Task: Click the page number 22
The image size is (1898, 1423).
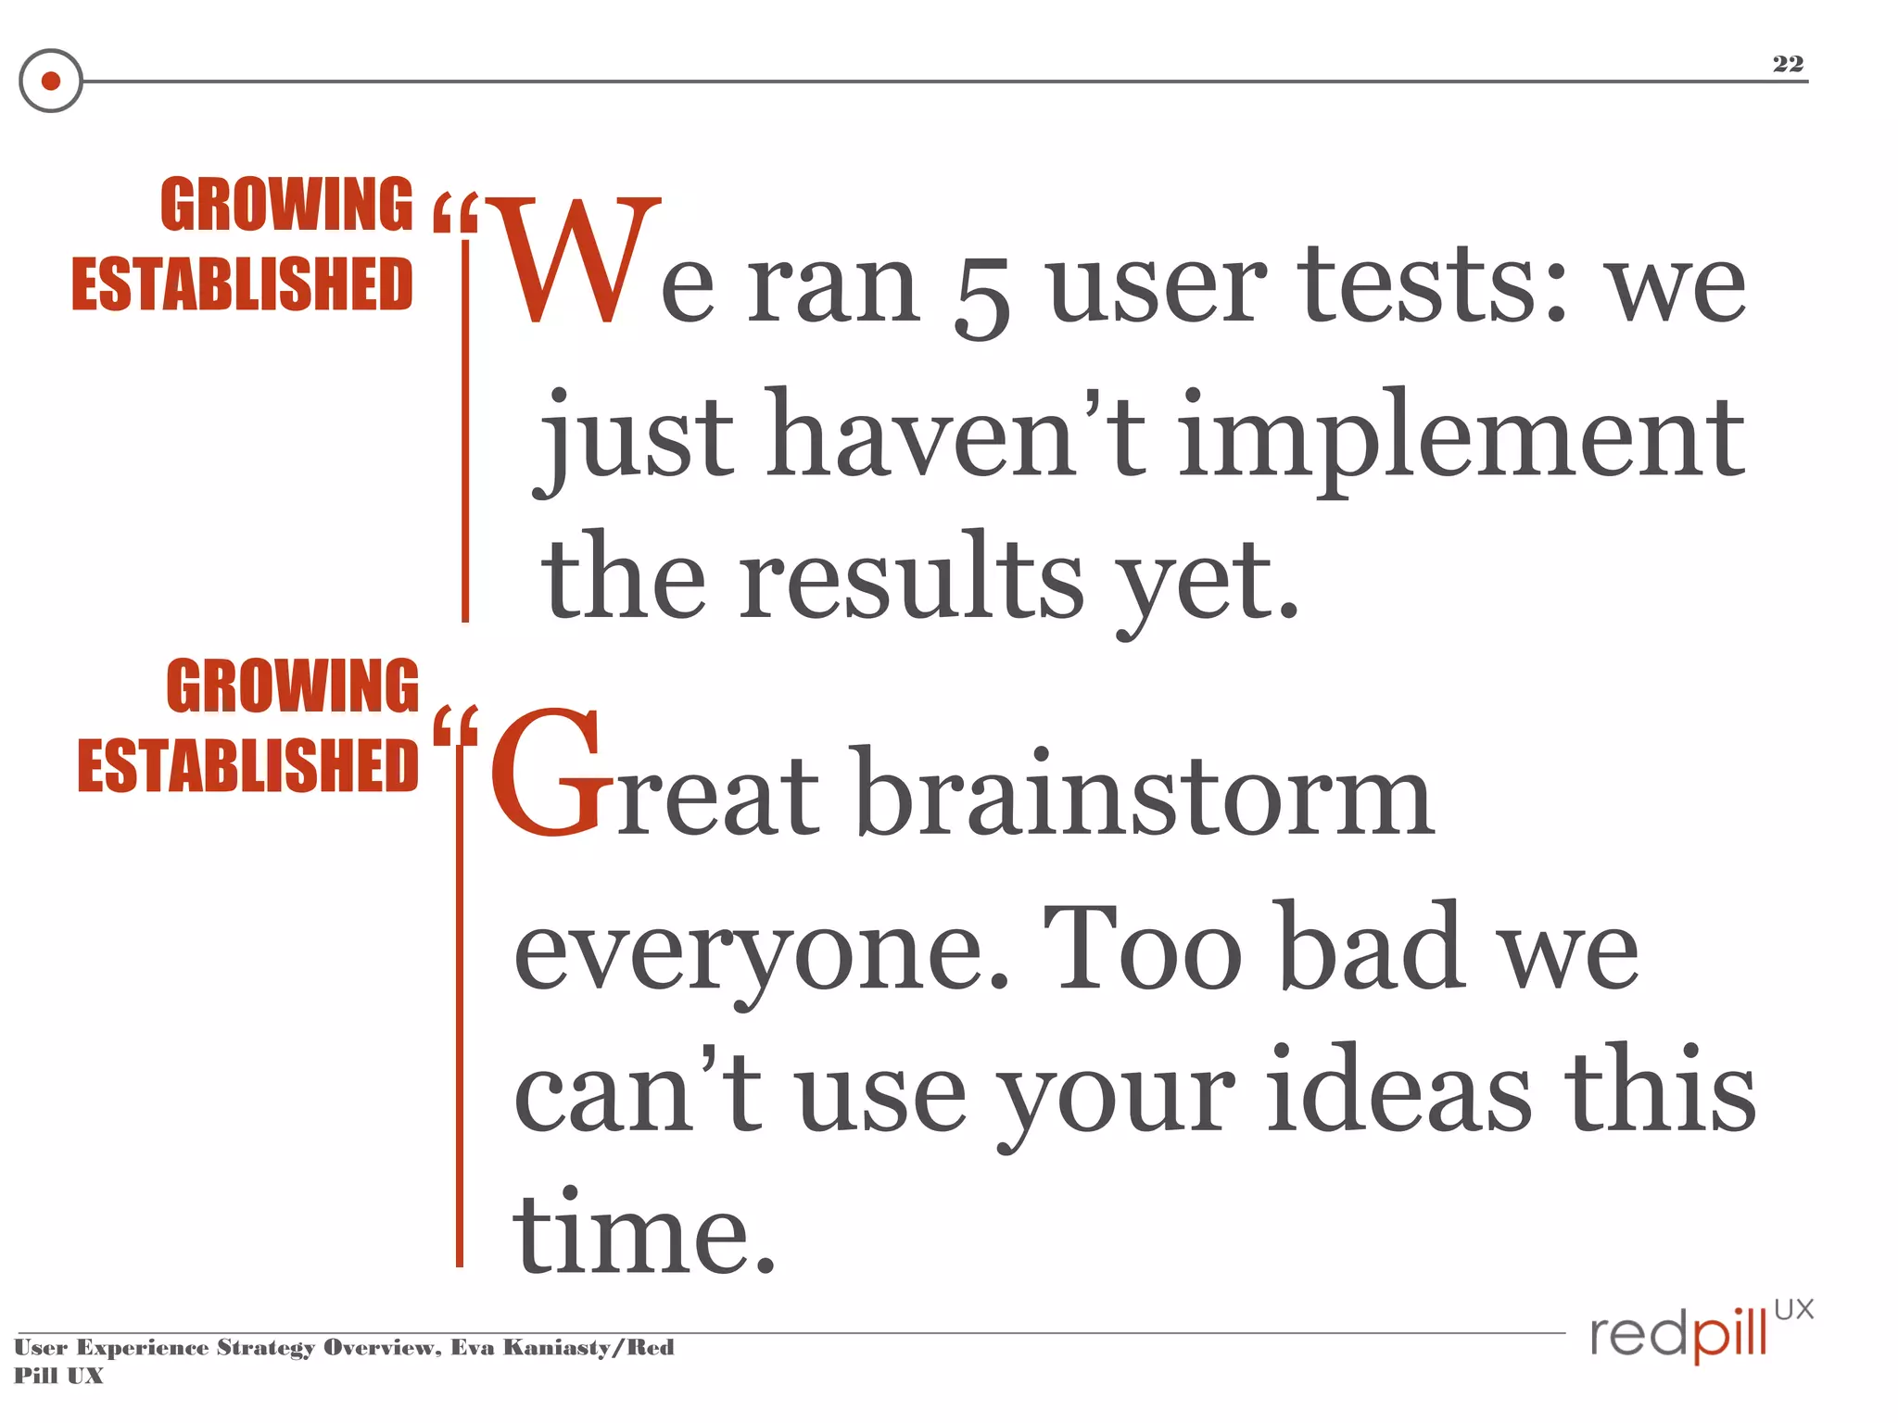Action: coord(1788,64)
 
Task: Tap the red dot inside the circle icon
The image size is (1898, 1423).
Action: coord(51,81)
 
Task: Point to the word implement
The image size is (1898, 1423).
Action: coord(1461,435)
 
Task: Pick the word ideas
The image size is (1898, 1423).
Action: coord(1398,1088)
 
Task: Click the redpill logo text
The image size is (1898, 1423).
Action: coord(1678,1335)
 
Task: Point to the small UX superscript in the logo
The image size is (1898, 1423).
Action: coord(1793,1309)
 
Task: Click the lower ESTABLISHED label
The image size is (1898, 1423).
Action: coord(247,765)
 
